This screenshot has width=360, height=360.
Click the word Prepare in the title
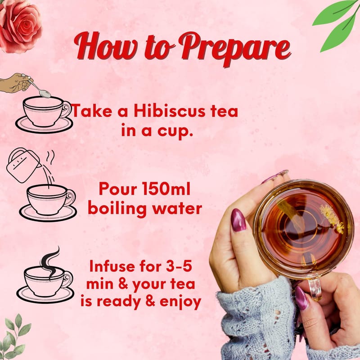[235, 49]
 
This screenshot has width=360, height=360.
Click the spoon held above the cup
[39, 88]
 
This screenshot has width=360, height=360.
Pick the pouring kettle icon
[24, 165]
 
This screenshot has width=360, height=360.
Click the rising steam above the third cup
[49, 263]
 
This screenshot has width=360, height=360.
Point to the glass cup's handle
[314, 288]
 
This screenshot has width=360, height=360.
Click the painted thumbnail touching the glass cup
[238, 220]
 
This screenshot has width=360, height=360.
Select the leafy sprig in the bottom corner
[14, 337]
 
